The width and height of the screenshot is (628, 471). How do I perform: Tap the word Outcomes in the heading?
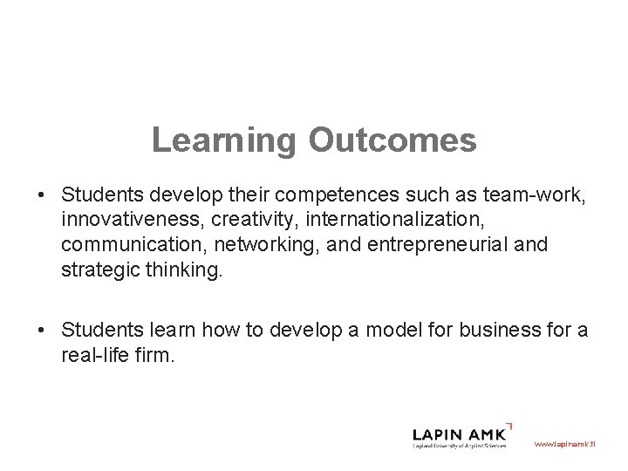click(392, 140)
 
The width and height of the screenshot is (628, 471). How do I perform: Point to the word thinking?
click(183, 270)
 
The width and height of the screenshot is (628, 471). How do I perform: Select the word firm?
click(158, 356)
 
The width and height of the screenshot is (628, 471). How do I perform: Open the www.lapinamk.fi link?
click(563, 444)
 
